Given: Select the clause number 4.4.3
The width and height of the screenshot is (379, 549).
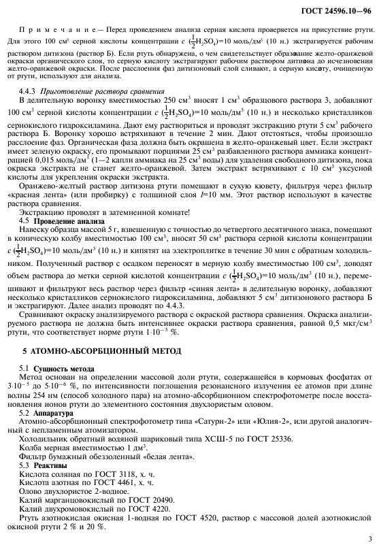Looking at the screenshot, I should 29,90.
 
